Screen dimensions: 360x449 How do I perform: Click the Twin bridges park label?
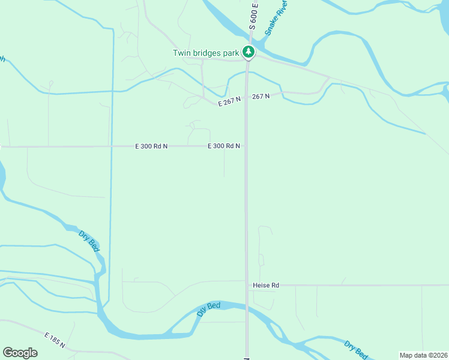coord(205,53)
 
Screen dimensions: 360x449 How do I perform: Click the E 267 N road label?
coord(229,102)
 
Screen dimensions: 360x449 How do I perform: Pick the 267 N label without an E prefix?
coord(261,96)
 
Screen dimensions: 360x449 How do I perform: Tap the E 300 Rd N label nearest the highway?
coord(224,146)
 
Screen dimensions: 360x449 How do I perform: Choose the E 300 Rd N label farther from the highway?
coord(151,146)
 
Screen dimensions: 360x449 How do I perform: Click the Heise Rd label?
coord(267,286)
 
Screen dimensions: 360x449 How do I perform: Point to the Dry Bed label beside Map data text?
coord(356,350)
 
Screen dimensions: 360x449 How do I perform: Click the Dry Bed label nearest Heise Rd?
coord(209,310)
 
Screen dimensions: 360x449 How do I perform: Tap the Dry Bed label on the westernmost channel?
coord(89,241)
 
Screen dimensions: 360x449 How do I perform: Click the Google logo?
coord(20,353)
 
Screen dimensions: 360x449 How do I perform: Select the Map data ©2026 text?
coord(424,355)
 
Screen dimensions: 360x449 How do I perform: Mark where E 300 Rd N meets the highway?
coord(246,146)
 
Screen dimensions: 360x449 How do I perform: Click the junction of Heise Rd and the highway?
coord(246,286)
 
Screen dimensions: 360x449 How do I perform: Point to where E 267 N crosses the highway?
coord(246,99)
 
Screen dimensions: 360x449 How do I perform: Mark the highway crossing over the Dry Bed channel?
coord(246,307)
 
